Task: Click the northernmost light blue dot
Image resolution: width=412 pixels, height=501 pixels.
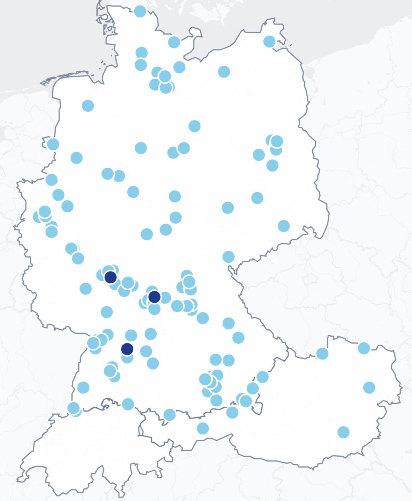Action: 140,11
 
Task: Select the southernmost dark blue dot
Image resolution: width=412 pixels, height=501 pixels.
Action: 127,349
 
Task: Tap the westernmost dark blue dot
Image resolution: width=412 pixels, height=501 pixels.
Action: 111,277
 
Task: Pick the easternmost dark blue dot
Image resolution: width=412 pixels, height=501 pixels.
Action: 154,297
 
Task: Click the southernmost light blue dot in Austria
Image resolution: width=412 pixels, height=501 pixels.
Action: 343,432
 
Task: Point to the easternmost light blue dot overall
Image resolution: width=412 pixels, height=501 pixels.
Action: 369,387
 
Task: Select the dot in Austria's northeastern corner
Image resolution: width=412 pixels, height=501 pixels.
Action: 364,348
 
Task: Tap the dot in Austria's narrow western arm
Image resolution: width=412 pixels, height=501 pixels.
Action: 203,428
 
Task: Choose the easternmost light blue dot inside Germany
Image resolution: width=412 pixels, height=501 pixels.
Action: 284,226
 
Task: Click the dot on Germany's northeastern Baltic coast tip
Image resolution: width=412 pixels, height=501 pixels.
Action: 269,41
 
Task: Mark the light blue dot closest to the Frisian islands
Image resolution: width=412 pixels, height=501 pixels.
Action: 88,105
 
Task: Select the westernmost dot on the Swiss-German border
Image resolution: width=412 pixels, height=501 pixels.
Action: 73,408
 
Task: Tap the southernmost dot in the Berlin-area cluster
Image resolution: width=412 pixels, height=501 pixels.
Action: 272,165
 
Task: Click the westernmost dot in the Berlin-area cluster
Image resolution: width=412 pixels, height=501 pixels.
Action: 258,154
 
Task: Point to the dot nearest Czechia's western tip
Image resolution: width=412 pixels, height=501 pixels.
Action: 228,257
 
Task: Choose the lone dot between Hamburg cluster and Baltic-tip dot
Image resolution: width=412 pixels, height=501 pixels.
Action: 224,72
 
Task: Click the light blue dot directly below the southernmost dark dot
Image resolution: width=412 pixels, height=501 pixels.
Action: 127,358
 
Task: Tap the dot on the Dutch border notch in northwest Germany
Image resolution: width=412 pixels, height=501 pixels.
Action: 53,144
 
